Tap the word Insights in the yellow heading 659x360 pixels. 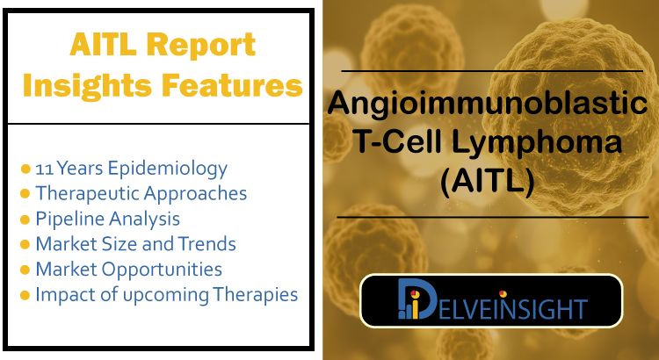point(87,85)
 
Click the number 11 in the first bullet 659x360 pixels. point(44,169)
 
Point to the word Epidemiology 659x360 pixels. point(168,169)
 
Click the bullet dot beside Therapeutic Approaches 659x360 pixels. point(25,194)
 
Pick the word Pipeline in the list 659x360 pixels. point(66,220)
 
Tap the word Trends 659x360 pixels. point(206,244)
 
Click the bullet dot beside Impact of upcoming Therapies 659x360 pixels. point(25,295)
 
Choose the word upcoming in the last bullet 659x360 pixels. point(165,295)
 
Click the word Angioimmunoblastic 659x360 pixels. point(488,105)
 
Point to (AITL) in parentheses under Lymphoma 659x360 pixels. point(487,184)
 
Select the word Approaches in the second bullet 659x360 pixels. point(195,194)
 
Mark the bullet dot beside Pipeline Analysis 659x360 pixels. point(25,220)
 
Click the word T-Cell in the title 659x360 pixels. point(393,143)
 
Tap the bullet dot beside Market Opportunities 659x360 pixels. point(25,270)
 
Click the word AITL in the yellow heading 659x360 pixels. point(104,45)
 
